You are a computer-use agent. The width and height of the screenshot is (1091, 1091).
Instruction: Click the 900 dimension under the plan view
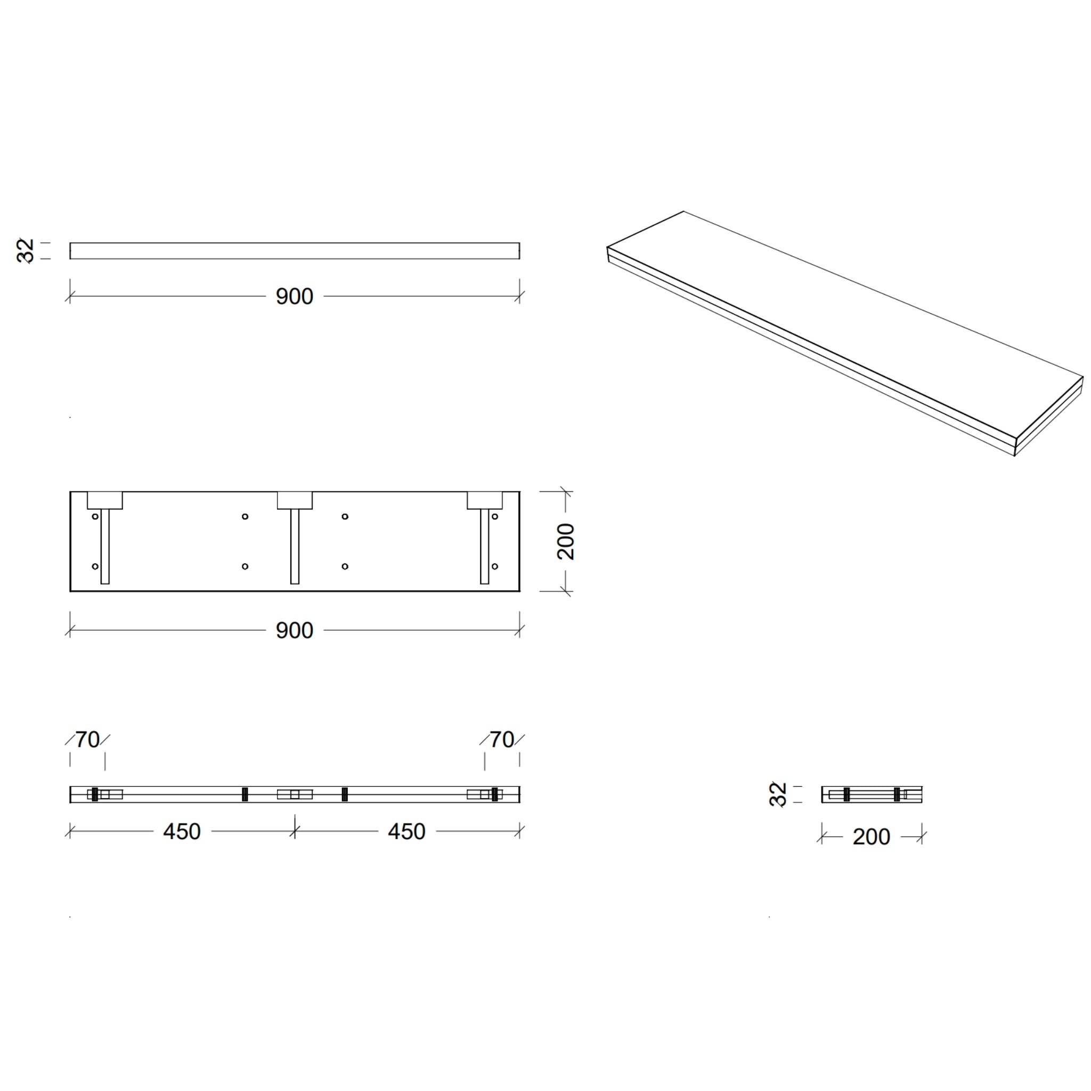[x=294, y=631]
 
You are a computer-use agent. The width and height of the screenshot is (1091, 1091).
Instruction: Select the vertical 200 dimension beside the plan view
[x=566, y=542]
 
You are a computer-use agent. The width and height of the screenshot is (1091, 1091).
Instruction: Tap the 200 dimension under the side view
[x=872, y=837]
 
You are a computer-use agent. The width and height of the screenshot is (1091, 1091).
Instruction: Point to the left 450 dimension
[x=182, y=832]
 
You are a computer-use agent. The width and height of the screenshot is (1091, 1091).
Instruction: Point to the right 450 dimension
[x=406, y=832]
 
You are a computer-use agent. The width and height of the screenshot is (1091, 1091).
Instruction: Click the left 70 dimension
[x=87, y=740]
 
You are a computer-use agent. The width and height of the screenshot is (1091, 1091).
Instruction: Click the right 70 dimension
[x=502, y=740]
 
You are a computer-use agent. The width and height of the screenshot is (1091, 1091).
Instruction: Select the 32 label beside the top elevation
[x=26, y=251]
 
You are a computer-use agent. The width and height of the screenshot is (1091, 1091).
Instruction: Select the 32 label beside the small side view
[x=778, y=794]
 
